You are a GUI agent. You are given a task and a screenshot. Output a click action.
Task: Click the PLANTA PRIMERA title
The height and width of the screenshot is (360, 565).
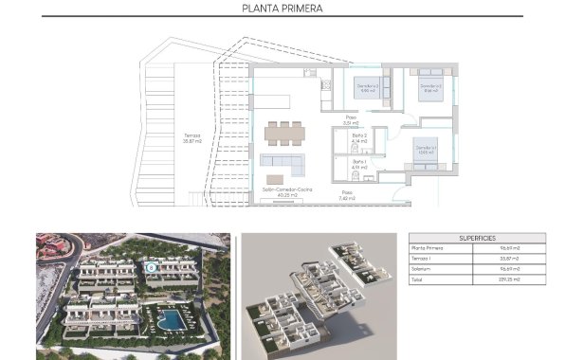282,9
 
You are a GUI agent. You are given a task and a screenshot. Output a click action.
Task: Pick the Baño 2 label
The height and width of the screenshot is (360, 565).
359,138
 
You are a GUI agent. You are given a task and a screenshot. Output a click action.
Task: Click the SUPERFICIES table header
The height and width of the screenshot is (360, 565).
477,239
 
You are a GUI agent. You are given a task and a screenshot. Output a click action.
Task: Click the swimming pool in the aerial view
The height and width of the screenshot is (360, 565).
172,317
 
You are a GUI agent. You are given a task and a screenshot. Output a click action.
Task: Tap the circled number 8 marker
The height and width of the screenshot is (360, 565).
152,267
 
